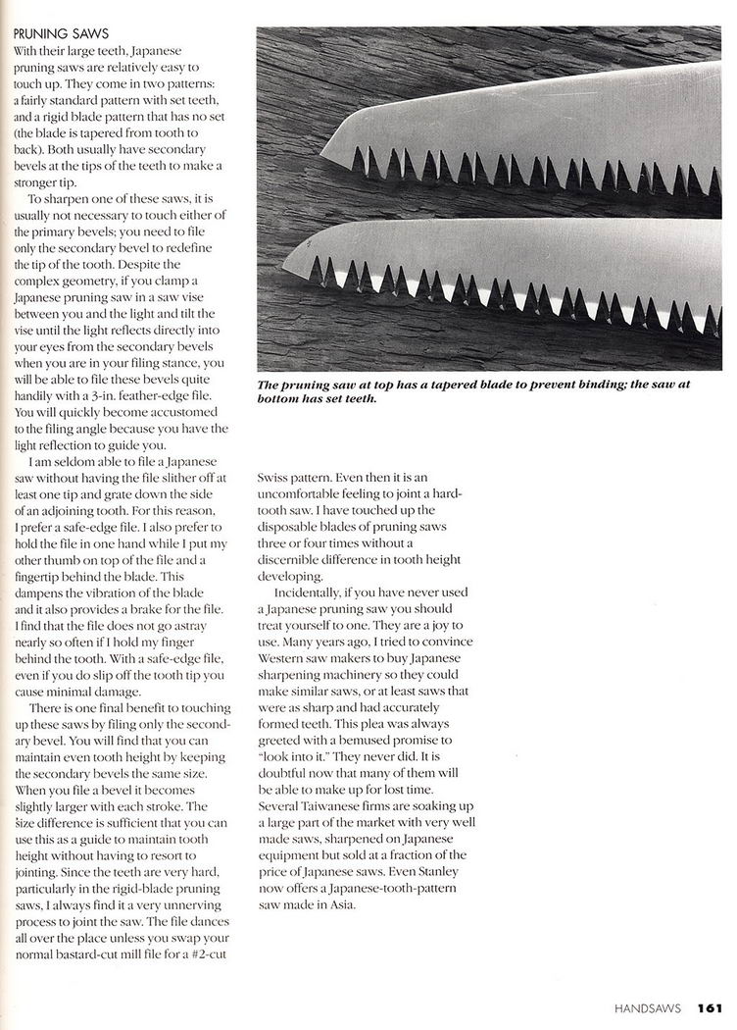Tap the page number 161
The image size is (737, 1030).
click(x=711, y=1006)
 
